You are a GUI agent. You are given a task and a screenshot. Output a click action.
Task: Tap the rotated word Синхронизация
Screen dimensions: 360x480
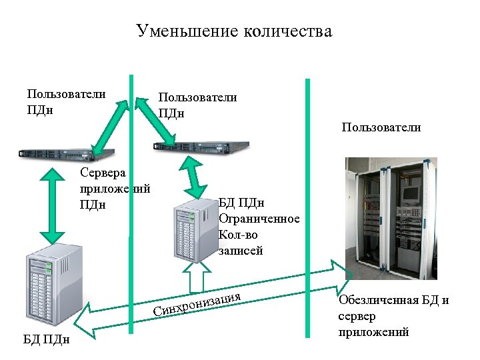point(196,301)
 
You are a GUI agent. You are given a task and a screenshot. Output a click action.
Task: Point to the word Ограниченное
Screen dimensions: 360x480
point(259,219)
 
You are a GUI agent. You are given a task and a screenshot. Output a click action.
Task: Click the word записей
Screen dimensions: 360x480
point(241,251)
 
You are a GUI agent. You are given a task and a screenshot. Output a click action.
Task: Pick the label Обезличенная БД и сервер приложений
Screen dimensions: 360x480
point(393,315)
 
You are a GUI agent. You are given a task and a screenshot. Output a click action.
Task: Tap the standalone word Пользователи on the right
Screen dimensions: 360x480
point(381,127)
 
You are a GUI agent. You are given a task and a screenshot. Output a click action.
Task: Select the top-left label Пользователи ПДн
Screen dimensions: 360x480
point(65,101)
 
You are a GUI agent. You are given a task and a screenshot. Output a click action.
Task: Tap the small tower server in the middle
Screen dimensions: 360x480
point(194,231)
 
